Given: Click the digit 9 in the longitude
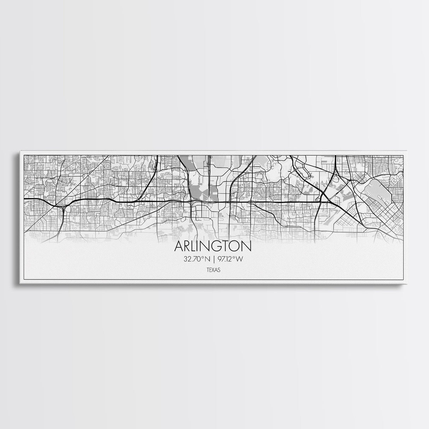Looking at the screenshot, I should (x=219, y=259).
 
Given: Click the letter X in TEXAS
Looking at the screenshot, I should (x=213, y=270).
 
